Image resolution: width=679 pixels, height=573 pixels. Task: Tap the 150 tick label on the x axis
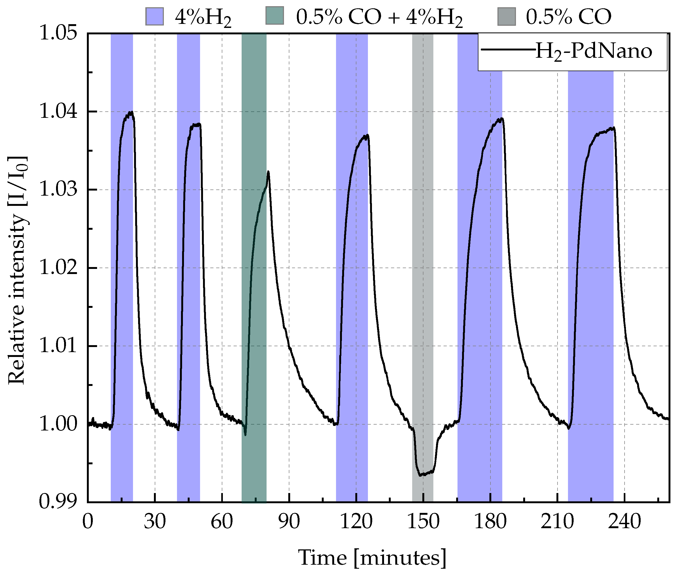423,522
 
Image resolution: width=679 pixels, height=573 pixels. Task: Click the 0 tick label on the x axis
88,522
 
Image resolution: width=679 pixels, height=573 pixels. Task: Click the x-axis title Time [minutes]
372,557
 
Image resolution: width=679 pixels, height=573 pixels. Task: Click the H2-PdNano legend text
593,52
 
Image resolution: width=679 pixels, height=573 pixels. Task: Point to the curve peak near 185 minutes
502,119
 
